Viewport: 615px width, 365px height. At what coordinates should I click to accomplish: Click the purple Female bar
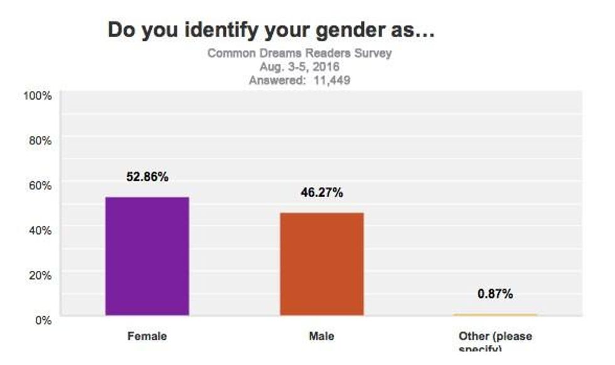147,256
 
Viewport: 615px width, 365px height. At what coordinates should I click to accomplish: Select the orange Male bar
321,263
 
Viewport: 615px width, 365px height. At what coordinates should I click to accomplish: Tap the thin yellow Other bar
495,314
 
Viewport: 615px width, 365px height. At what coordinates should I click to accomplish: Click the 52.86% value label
147,177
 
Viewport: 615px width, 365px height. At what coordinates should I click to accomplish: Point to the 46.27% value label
321,193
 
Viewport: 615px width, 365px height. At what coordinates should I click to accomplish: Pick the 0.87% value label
495,294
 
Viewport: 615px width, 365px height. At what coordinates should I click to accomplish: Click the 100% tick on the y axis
37,95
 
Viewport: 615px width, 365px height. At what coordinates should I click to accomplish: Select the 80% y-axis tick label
40,140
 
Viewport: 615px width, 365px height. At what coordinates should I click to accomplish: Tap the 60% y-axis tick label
40,185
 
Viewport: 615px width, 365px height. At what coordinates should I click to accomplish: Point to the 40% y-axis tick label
40,230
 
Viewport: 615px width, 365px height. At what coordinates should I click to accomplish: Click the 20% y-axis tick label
40,275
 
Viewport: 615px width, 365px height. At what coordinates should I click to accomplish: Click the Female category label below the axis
147,336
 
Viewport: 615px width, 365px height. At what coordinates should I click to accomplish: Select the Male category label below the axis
321,336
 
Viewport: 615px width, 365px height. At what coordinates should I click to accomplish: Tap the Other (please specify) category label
495,341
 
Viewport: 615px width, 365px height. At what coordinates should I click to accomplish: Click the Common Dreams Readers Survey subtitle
299,53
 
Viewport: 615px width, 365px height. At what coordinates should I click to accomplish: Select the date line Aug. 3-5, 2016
299,66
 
